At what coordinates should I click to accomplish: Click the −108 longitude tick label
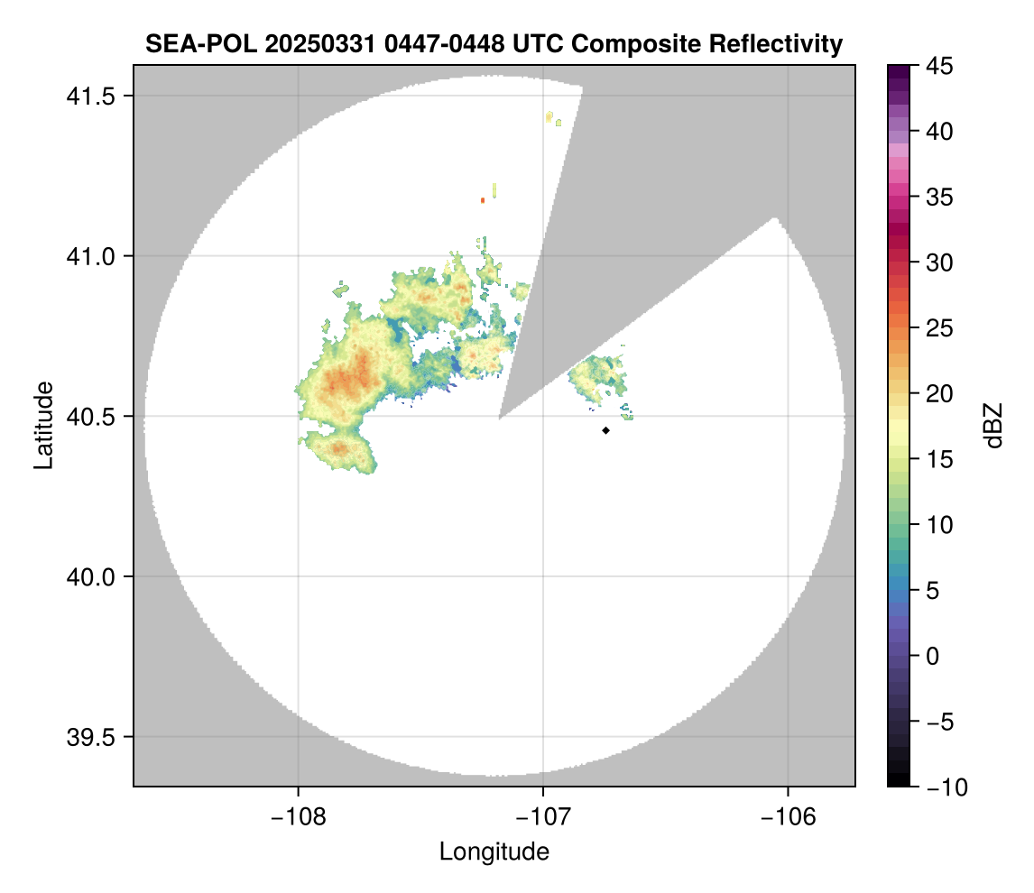pyautogui.click(x=298, y=816)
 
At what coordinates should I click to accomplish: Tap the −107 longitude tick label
pyautogui.click(x=543, y=816)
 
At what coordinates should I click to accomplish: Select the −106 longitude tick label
pyautogui.click(x=789, y=816)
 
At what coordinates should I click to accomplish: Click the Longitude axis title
pyautogui.click(x=494, y=852)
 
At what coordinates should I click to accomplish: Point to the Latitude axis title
pyautogui.click(x=43, y=425)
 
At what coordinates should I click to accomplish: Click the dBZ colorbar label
pyautogui.click(x=993, y=425)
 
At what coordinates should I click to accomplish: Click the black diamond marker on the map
pyautogui.click(x=605, y=430)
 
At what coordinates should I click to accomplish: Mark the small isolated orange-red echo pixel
pyautogui.click(x=483, y=199)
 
